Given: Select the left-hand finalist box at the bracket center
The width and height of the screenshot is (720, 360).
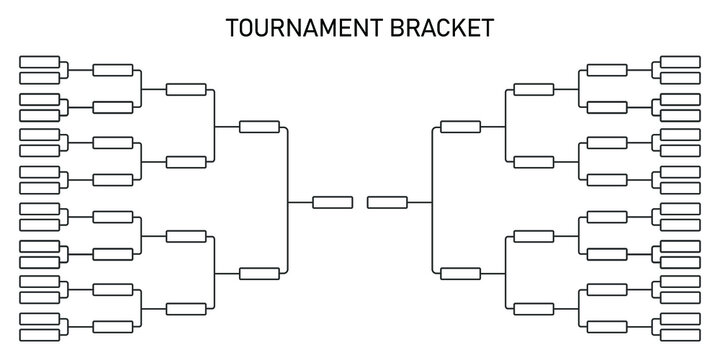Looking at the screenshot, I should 332,202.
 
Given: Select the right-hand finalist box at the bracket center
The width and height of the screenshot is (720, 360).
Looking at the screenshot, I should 387,202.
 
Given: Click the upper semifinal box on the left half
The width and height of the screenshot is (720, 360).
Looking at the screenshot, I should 260,127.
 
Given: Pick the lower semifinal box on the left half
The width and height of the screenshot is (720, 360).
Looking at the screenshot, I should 260,272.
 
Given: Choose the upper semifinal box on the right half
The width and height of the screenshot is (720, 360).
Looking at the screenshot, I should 460,127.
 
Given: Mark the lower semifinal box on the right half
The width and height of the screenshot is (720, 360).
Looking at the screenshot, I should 460,272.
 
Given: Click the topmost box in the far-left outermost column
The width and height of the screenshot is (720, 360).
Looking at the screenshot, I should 39,62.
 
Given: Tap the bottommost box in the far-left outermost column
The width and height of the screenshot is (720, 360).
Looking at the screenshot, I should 39,332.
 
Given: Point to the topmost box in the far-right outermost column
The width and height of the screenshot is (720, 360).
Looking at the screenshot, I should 680,62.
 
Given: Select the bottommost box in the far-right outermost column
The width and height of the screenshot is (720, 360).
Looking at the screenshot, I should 680,332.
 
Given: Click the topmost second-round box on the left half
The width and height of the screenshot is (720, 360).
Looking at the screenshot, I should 112,70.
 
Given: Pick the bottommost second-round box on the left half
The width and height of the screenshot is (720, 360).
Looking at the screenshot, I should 112,325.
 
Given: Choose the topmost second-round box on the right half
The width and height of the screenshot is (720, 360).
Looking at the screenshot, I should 607,70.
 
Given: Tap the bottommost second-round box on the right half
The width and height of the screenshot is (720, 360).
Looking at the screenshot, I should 607,325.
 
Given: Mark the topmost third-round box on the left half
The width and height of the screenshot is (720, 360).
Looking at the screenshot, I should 186,89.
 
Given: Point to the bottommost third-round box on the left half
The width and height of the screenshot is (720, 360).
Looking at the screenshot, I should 186,307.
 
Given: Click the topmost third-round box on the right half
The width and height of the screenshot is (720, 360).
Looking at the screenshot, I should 533,89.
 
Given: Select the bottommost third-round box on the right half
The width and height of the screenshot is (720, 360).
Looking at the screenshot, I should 533,307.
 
